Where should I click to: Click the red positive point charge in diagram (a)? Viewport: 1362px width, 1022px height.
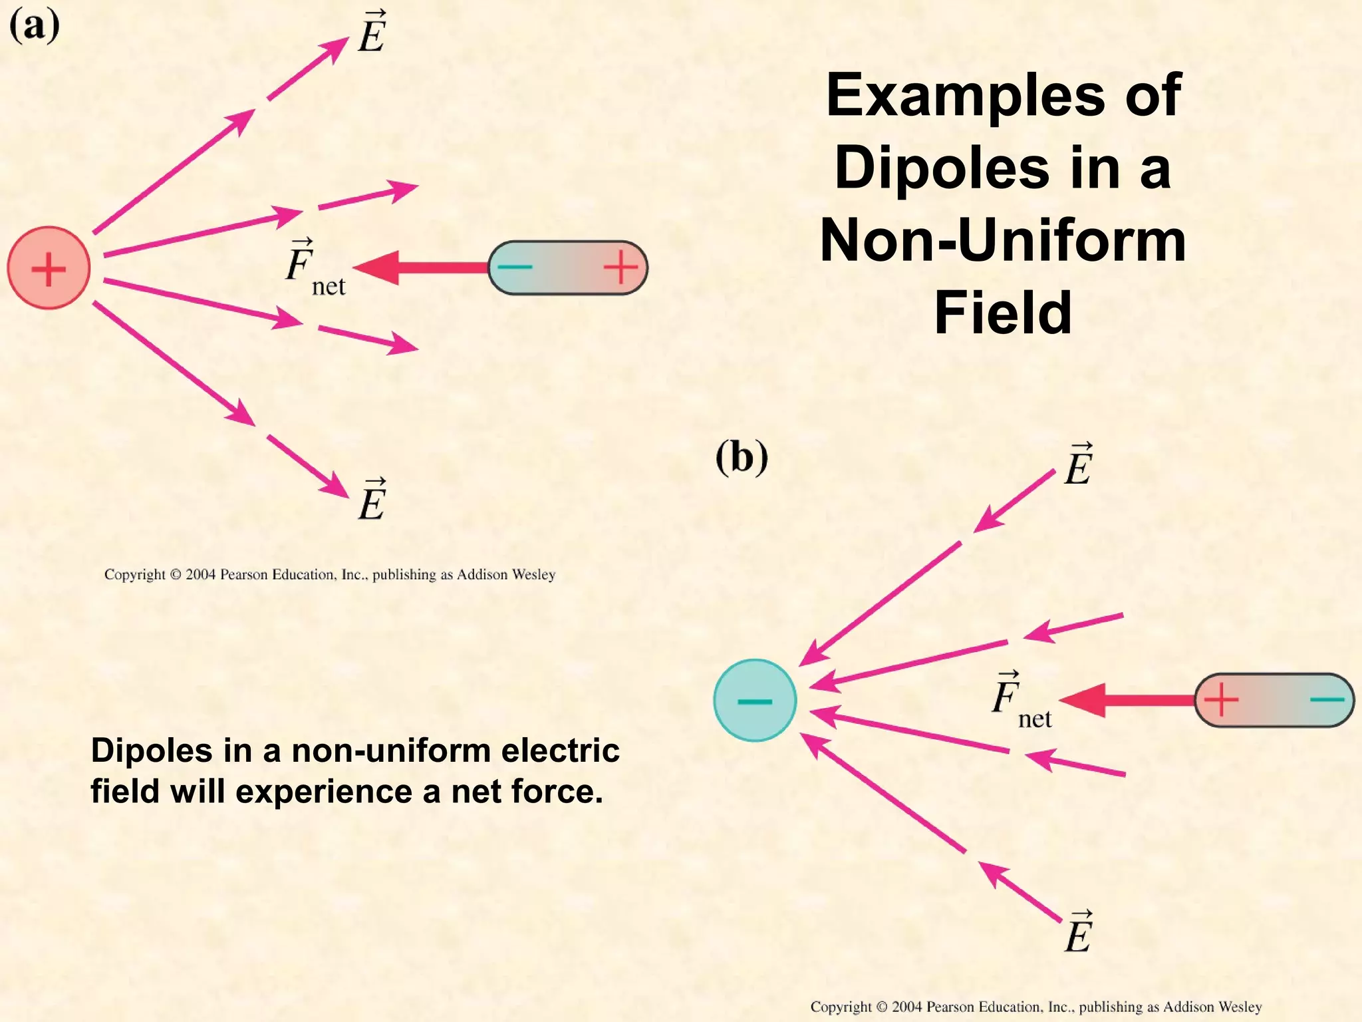coord(49,268)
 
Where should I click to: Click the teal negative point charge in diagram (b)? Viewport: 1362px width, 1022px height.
coord(755,701)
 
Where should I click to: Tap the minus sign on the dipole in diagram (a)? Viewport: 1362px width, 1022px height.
coord(515,267)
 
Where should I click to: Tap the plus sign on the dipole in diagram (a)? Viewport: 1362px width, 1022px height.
coord(620,267)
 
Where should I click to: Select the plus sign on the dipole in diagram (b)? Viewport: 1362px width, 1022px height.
coord(1221,700)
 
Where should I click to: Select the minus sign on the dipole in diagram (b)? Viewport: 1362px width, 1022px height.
coord(1327,700)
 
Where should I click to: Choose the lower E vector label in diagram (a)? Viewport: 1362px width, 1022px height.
coord(372,500)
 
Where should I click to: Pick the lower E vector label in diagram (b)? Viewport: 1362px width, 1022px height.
coord(1079,932)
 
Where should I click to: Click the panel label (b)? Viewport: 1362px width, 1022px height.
coord(742,458)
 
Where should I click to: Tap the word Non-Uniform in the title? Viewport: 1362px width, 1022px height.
coord(1003,240)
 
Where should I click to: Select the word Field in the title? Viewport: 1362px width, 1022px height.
coord(1003,312)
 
